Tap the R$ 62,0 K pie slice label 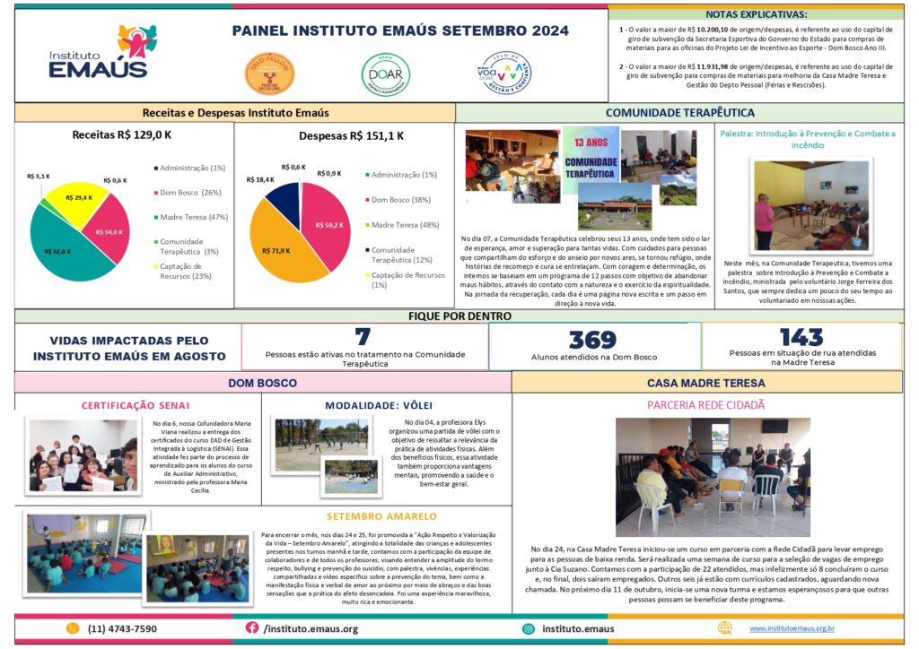62,252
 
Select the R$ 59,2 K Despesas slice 328,225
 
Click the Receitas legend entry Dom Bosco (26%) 189,193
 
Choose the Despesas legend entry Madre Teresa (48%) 407,225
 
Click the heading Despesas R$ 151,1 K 351,136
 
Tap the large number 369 592,340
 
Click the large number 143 801,337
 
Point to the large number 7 363,337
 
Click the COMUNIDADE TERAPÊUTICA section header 679,113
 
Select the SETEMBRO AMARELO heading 381,516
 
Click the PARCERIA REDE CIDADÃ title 705,405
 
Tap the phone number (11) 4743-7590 122,629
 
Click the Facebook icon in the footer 252,628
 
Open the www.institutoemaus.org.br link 792,629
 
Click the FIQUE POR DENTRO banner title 459,316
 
